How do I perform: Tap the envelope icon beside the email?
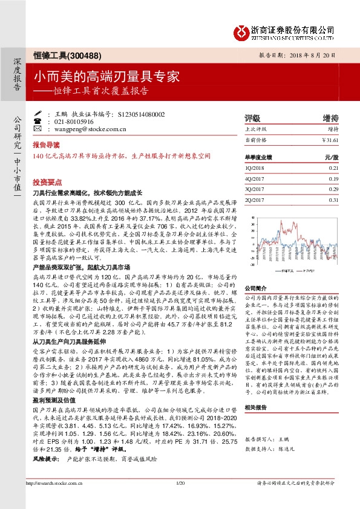[38, 129]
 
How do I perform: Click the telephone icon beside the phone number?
[38, 121]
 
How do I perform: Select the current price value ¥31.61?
[330, 140]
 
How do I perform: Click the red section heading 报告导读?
[47, 146]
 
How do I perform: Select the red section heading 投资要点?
[47, 181]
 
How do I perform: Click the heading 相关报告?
[255, 408]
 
